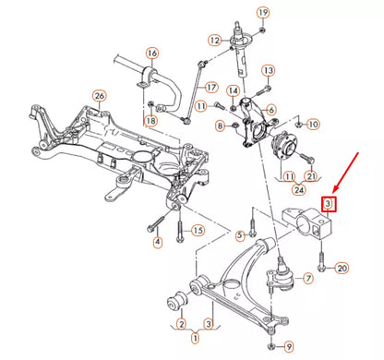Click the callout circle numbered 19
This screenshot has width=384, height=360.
pos(262,12)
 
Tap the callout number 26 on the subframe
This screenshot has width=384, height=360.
pos(100,95)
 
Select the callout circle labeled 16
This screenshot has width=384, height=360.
pos(151,53)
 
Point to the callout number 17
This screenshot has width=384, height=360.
pos(210,88)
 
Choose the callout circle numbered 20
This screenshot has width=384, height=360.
pos(342,269)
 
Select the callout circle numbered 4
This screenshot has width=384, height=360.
pos(158,243)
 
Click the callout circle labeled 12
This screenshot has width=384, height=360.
pos(214,41)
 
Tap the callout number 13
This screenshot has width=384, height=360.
pos(269,70)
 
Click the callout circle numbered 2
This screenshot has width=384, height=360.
pos(181,324)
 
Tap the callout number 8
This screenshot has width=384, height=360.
pos(220,125)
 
